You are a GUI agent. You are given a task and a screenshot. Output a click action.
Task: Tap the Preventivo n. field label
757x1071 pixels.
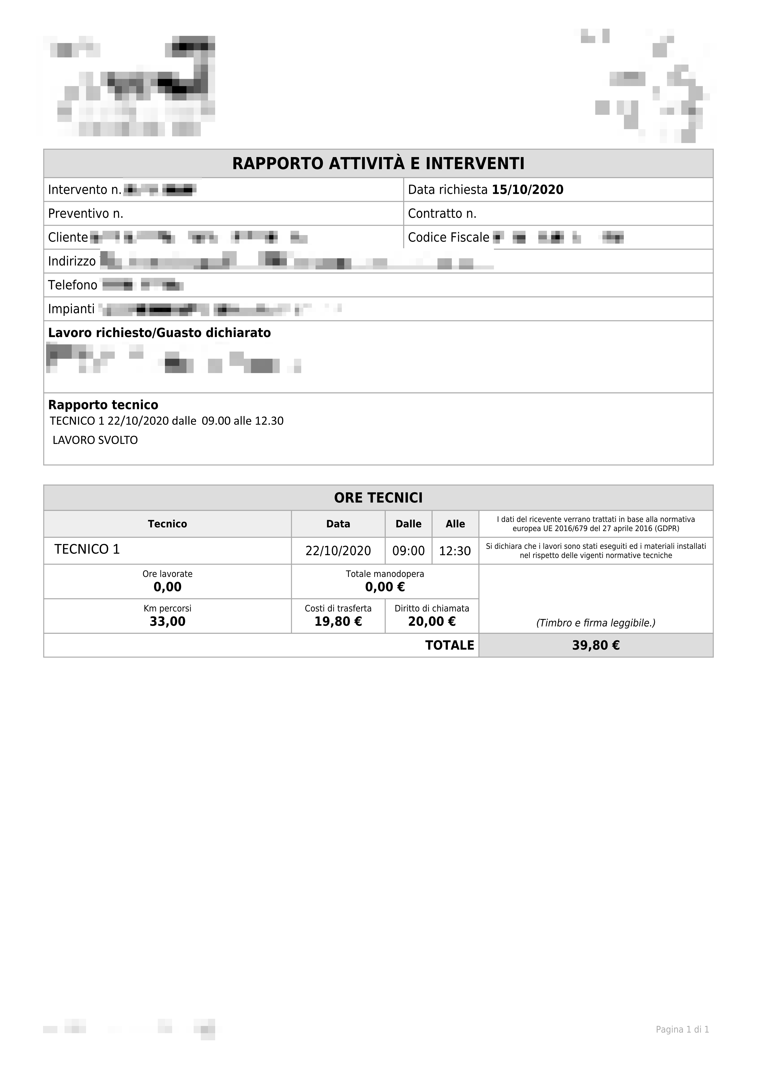point(85,214)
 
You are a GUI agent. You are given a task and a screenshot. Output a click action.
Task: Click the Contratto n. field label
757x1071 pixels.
point(442,214)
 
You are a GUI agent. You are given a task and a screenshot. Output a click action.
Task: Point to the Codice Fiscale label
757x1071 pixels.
point(448,237)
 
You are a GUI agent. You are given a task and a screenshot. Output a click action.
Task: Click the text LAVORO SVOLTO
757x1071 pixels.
point(95,440)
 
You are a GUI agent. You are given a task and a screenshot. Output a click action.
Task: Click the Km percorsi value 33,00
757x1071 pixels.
point(167,621)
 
